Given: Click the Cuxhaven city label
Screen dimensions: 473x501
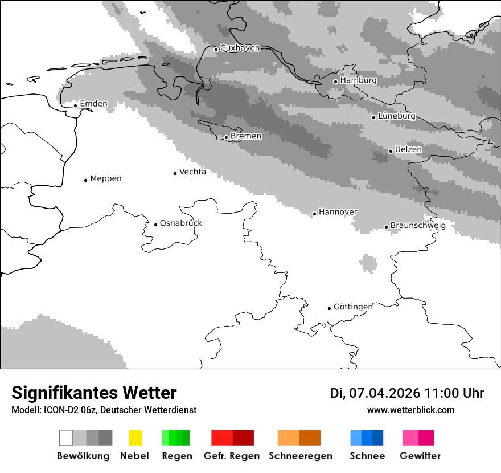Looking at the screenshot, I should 240,48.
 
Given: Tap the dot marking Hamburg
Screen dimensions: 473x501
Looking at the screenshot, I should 335,81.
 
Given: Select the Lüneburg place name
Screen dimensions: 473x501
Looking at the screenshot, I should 397,116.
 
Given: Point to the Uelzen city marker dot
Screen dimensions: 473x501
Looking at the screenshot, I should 391,151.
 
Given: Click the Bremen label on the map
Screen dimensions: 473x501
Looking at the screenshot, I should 246,136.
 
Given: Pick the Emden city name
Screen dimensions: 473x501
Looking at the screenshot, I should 93,104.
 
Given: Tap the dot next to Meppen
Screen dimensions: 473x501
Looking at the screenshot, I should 85,180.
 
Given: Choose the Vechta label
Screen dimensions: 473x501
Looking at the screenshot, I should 192,172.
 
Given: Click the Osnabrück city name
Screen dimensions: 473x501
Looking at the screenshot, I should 180,223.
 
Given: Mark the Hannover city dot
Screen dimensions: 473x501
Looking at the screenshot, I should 314,214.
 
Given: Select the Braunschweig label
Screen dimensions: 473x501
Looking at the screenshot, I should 418,225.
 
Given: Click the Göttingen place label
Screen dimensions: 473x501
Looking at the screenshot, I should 353,307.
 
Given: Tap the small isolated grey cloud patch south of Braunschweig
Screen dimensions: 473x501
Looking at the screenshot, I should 368,263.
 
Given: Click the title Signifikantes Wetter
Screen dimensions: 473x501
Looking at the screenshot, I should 94,393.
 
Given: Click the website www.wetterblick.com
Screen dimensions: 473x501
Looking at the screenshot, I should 410,410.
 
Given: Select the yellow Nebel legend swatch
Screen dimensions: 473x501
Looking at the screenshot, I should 135,438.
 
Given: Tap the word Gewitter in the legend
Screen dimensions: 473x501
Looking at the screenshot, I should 420,456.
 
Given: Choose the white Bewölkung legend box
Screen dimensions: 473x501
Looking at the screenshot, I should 66,438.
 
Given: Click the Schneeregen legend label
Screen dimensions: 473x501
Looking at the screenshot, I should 300,456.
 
